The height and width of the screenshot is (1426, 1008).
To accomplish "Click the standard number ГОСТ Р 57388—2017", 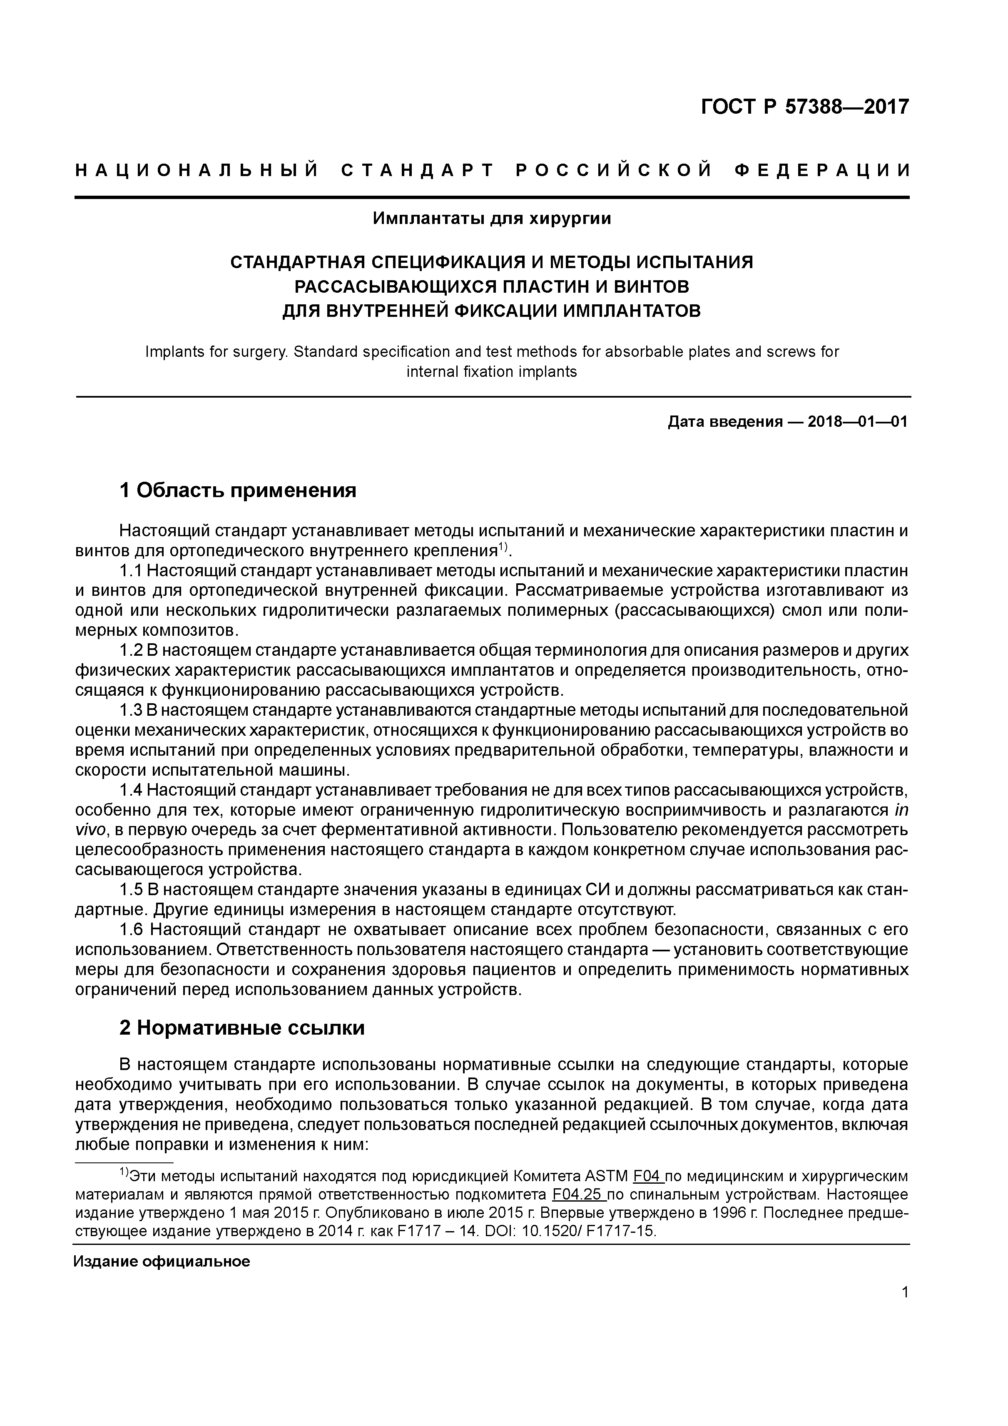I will coord(804,107).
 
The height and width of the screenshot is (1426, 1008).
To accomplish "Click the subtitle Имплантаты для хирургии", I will coord(492,219).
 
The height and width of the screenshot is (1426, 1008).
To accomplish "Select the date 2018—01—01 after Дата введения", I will coord(857,422).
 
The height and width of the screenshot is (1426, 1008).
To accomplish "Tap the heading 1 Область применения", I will coord(238,490).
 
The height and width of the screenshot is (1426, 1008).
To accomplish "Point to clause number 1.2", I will coord(131,650).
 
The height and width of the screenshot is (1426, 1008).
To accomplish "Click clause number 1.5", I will coord(131,889).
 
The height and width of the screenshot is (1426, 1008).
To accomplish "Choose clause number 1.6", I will coord(131,930).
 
